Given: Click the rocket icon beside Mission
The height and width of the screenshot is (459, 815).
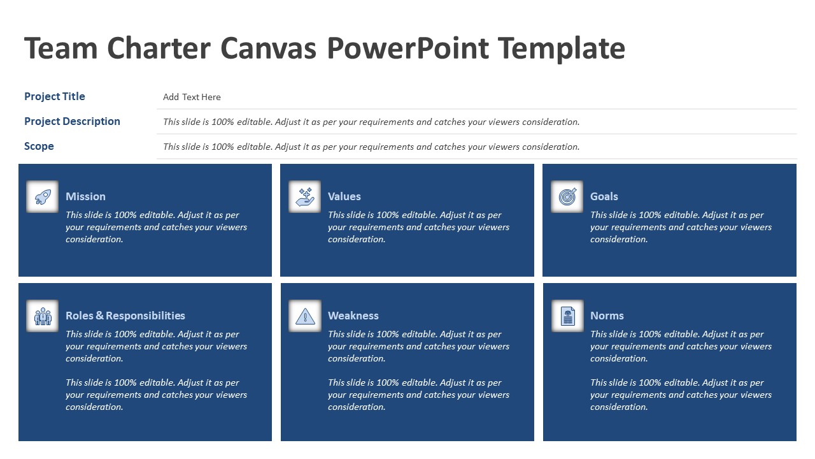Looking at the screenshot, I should [x=43, y=196].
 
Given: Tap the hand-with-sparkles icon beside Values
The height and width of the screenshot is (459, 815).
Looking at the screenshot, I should [x=305, y=196].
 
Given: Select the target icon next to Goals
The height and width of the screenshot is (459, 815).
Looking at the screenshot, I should [x=567, y=196].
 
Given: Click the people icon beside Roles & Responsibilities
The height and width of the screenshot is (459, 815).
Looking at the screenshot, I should [x=43, y=316].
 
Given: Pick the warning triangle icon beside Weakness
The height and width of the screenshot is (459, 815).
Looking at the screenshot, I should [x=305, y=316].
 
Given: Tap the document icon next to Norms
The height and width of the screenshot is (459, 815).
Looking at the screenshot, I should [x=567, y=316].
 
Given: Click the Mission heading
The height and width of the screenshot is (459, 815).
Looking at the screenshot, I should [x=85, y=196].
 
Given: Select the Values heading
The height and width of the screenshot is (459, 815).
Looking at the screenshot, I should [x=344, y=196].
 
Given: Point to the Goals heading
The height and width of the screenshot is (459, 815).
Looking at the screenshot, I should [x=604, y=196].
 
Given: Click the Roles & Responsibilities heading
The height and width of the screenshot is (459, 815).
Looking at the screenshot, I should [x=125, y=316].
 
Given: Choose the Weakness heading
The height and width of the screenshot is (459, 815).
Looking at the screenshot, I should [x=353, y=316].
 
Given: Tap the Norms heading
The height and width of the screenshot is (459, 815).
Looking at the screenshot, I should [x=607, y=316].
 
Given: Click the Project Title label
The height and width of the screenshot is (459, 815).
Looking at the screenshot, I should [x=55, y=96].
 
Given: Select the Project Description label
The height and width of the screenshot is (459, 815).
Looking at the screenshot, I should [x=72, y=121].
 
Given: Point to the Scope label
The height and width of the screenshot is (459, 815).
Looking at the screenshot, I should [x=39, y=146].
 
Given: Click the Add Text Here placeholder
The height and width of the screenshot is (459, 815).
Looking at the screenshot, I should [x=192, y=97].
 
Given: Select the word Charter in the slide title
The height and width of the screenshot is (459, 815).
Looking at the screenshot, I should [x=159, y=48].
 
